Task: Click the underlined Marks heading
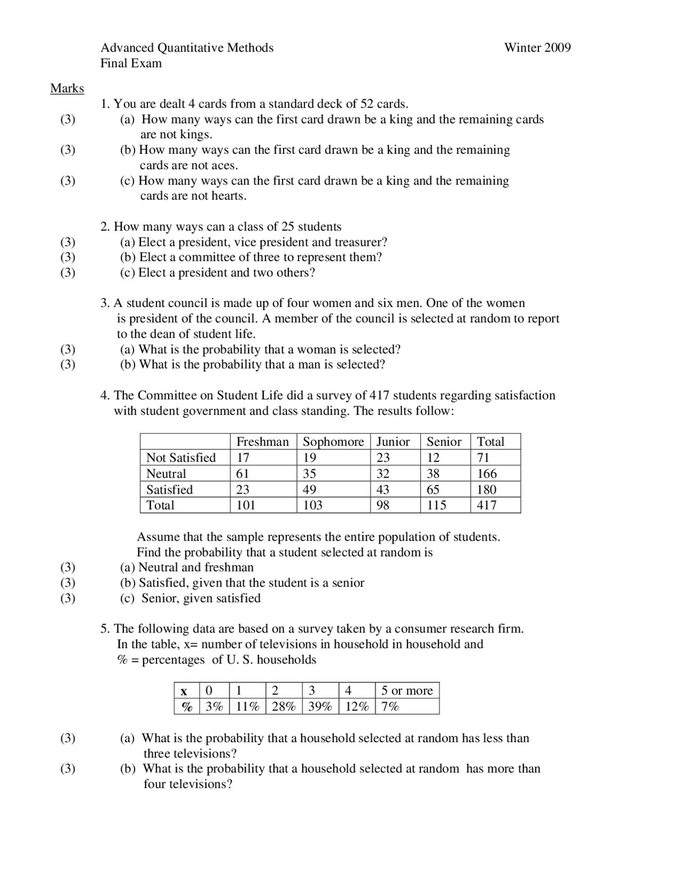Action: click(67, 88)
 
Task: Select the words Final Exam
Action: click(131, 63)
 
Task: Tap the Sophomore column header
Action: click(333, 442)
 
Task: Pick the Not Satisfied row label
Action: click(181, 458)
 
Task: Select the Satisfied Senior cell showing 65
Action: click(433, 489)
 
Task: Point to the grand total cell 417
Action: click(487, 505)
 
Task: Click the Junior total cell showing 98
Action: click(383, 505)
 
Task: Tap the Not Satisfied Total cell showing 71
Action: click(483, 458)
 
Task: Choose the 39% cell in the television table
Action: click(320, 707)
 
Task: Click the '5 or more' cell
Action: click(407, 691)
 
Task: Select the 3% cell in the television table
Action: click(214, 707)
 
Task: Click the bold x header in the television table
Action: click(184, 691)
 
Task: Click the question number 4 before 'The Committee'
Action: click(104, 396)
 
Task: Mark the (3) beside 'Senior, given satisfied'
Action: click(68, 598)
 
